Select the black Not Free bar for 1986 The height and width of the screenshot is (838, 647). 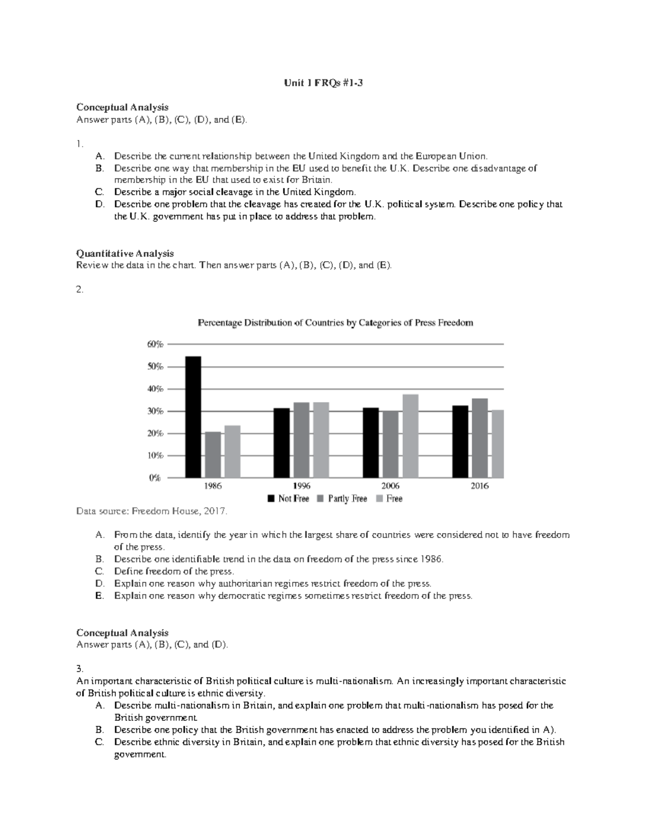193,417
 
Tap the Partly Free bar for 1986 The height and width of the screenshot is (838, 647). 213,454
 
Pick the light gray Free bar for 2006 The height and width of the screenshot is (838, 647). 410,436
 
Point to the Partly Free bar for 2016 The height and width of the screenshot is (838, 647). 480,438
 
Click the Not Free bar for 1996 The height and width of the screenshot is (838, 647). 281,442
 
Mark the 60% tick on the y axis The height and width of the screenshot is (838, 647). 155,344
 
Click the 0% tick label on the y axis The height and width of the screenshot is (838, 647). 155,478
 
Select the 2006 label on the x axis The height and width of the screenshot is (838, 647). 390,486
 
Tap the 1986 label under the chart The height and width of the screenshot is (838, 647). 212,486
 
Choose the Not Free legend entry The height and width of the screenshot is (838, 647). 288,499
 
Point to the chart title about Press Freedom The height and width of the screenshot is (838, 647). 335,323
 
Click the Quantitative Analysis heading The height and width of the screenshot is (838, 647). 125,253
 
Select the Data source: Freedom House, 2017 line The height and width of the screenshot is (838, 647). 152,511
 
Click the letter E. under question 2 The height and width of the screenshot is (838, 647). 99,596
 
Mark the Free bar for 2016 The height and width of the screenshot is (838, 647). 498,444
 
